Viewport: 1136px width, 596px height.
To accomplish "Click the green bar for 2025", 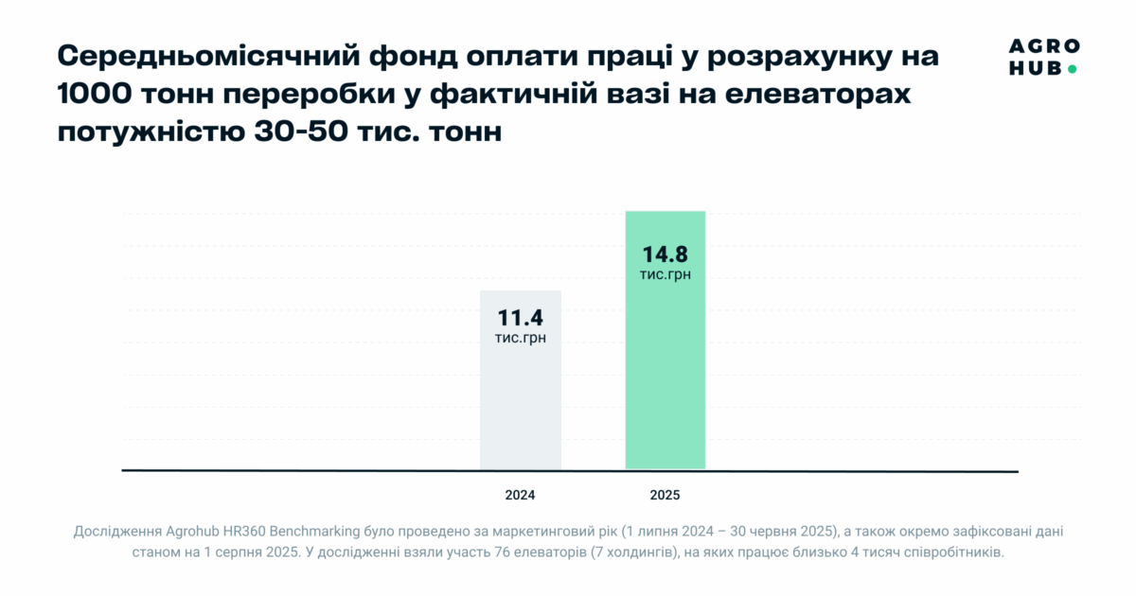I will pos(666,378).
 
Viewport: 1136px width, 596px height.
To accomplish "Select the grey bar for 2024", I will pos(521,407).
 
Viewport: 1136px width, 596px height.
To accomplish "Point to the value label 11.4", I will pos(521,318).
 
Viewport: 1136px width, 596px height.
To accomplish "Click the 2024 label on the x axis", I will pos(521,495).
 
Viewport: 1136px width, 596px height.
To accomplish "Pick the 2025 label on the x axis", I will pos(665,495).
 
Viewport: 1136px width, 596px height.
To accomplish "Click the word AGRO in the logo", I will pos(1044,47).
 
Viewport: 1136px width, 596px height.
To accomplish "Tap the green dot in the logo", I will pos(1072,68).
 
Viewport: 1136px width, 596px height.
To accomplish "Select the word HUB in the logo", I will pos(1034,68).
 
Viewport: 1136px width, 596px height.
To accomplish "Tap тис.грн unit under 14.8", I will pos(666,274).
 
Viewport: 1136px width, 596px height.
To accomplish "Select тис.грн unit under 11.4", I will pos(521,338).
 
